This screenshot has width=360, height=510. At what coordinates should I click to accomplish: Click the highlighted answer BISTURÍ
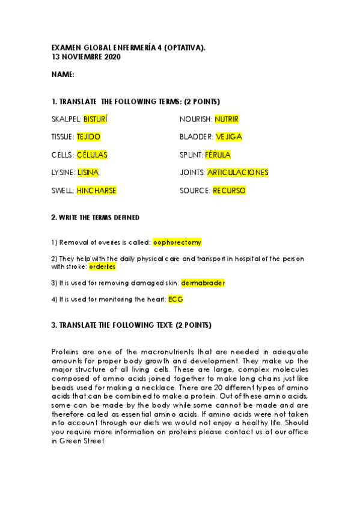[x=96, y=119]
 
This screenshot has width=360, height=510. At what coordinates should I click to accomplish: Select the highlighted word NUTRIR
[x=227, y=119]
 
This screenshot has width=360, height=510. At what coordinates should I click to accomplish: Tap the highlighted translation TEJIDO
[x=89, y=137]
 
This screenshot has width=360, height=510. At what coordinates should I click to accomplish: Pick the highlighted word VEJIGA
[x=228, y=137]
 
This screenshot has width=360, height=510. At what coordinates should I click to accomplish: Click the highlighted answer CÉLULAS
[x=92, y=155]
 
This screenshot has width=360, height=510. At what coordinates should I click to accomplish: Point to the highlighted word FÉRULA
[x=218, y=155]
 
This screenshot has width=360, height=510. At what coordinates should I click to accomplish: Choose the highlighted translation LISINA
[x=88, y=172]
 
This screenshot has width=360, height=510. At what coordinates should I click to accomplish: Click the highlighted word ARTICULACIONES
[x=237, y=172]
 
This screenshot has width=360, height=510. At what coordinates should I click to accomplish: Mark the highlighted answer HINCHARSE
[x=97, y=190]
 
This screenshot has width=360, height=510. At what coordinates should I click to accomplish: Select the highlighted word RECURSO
[x=229, y=190]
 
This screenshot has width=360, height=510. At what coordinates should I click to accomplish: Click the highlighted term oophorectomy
[x=177, y=242]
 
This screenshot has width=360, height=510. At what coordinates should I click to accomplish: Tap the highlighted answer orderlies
[x=102, y=266]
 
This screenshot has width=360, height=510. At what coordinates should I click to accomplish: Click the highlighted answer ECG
[x=175, y=298]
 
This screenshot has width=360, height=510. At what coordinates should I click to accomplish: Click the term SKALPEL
[x=66, y=119]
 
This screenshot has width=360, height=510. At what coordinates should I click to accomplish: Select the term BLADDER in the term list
[x=195, y=137]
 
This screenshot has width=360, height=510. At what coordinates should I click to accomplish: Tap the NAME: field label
[x=63, y=75]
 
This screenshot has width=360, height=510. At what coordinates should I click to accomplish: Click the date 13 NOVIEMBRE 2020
[x=86, y=57]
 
